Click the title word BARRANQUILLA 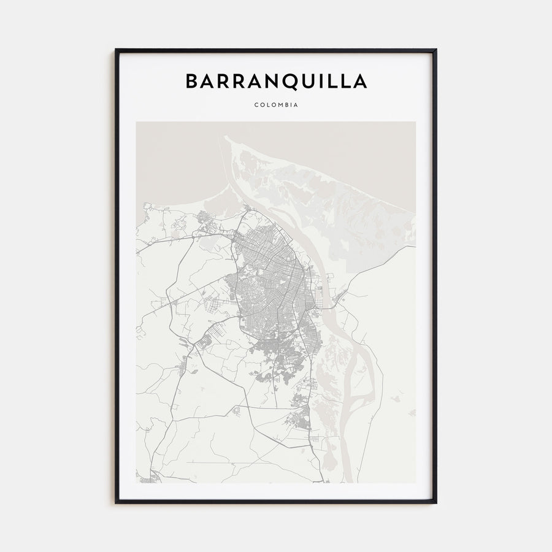point(276,82)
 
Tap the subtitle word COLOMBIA point(276,105)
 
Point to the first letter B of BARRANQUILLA point(191,82)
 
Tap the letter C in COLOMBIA point(256,105)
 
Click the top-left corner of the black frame point(116,50)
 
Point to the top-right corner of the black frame point(436,50)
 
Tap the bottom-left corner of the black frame point(116,503)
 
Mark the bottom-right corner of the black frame point(436,503)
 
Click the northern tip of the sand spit point(226,137)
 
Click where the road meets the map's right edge point(415,247)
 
